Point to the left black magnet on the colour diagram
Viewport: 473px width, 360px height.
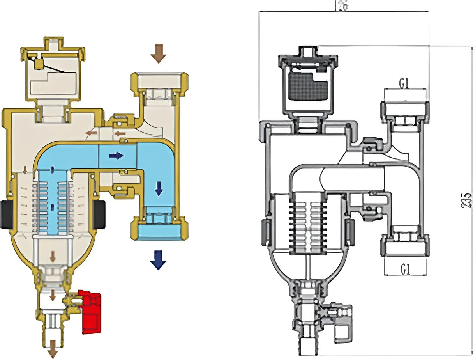point(7,214)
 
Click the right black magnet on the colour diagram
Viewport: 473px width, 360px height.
point(99,214)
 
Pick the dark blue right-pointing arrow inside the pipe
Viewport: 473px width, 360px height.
point(116,156)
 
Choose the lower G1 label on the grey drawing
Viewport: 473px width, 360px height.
point(405,268)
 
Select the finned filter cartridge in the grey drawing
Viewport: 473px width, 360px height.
point(307,223)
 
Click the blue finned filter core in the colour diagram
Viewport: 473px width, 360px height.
point(52,203)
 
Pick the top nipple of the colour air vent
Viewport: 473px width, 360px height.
point(53,43)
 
